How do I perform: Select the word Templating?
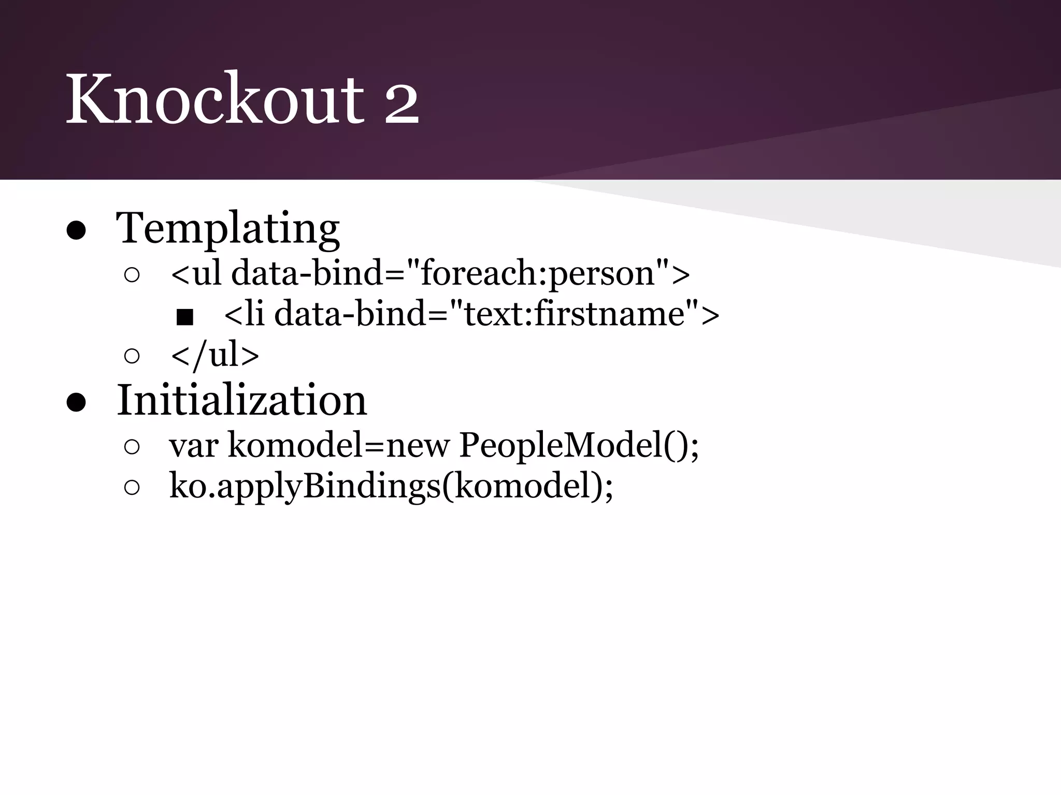click(x=228, y=229)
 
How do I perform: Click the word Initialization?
click(x=242, y=401)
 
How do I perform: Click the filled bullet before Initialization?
click(x=76, y=403)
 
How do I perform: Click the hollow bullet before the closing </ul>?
click(x=132, y=356)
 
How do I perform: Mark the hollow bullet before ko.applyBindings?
click(x=132, y=488)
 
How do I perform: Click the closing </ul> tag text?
click(x=215, y=355)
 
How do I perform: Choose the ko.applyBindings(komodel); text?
click(x=391, y=487)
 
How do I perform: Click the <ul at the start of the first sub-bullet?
click(x=196, y=273)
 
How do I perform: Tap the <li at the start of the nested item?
click(x=245, y=314)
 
